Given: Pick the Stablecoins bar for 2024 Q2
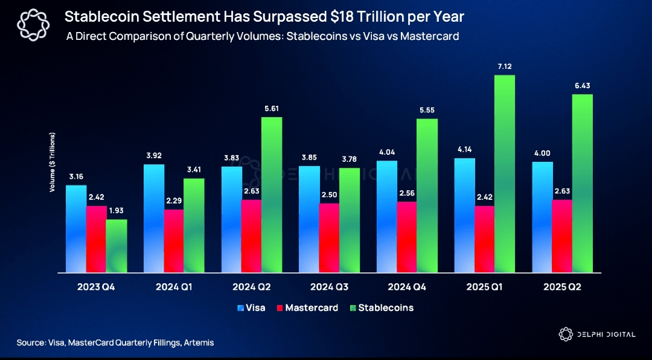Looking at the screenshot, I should click(x=272, y=194).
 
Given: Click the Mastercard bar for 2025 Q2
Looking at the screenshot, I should click(x=562, y=236).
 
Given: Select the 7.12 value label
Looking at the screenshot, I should click(x=505, y=66).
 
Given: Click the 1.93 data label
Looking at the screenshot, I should click(x=117, y=210).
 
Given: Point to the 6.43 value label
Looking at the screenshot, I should click(x=583, y=86).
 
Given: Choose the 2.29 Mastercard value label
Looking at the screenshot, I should click(x=173, y=201).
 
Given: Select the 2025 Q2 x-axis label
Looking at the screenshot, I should click(x=562, y=287).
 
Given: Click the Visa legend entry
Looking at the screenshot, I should click(x=254, y=307).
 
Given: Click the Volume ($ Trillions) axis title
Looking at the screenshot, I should click(x=53, y=162).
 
